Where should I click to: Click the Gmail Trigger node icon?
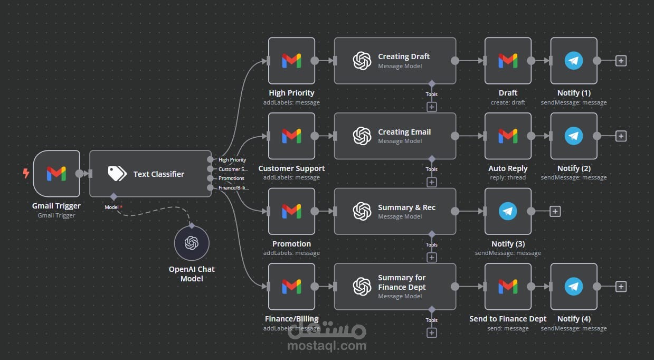(x=56, y=174)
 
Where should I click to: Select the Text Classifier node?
(x=150, y=174)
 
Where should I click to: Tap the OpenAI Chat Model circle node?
(x=192, y=243)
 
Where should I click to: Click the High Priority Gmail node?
(x=291, y=61)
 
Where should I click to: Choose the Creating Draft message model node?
(x=395, y=61)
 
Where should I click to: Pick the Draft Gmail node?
(x=508, y=61)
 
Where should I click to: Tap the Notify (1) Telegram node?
(x=574, y=61)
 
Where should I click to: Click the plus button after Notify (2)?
(x=621, y=136)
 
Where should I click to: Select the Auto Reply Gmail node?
(x=508, y=136)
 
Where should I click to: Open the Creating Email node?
(x=395, y=136)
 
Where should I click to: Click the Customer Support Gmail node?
(x=291, y=136)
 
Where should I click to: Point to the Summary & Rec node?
(x=395, y=211)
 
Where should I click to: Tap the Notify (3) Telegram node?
(x=508, y=211)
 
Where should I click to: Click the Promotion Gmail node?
(x=291, y=211)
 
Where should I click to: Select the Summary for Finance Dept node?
(x=395, y=287)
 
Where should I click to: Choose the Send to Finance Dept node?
(x=508, y=287)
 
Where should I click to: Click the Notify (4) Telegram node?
(x=574, y=287)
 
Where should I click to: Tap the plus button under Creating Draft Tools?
(x=432, y=107)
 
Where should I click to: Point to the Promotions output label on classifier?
(x=231, y=178)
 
